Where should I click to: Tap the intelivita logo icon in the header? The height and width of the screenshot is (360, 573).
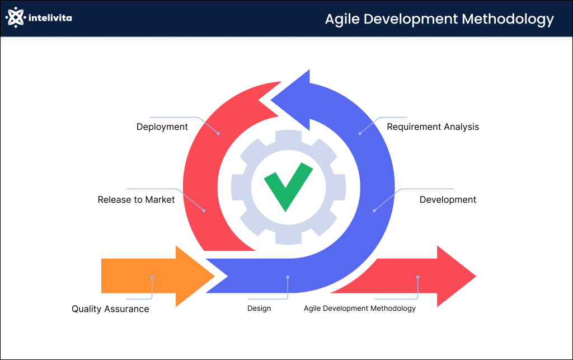pos(16,18)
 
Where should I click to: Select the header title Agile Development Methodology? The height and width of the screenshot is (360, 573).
pos(439,18)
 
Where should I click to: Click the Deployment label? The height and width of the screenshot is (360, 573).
pos(162,127)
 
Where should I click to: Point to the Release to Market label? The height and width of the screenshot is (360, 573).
pos(136,199)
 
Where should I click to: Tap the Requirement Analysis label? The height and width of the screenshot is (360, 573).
pos(433,127)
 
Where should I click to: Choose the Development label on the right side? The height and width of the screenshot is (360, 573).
pos(448,200)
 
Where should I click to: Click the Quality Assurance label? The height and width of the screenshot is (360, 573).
pos(110,309)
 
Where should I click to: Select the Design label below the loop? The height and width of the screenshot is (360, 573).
pos(259,308)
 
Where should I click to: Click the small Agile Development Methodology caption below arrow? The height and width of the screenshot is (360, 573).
pos(360,308)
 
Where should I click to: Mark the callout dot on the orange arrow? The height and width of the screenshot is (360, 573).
pos(152,277)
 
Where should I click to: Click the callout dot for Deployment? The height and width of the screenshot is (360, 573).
pos(218,134)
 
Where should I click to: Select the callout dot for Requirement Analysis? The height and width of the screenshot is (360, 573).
pos(360,134)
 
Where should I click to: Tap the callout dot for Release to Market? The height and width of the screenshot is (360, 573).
pos(204,211)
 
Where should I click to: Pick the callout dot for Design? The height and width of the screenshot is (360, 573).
pos(288,277)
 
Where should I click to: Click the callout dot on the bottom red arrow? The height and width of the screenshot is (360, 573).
pos(417,277)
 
